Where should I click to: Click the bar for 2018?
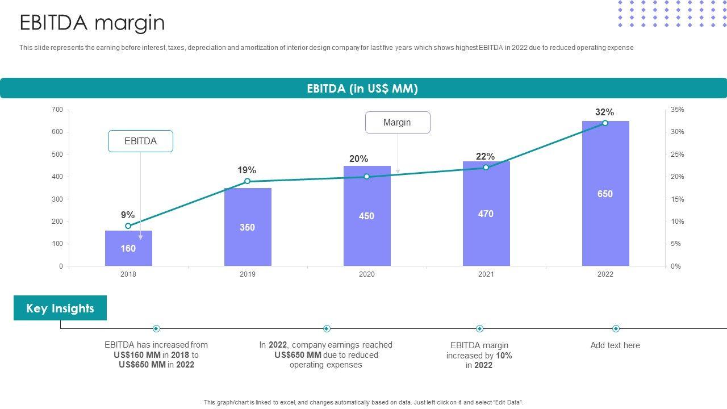click(128, 248)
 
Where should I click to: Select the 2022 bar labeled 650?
click(605, 194)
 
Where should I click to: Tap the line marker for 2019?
click(247, 181)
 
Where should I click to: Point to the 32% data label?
click(604, 112)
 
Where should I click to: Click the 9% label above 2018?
click(128, 215)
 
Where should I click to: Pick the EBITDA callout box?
click(140, 141)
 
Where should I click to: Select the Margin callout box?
click(397, 123)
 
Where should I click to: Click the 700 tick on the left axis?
click(57, 110)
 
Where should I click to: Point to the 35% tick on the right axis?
click(677, 110)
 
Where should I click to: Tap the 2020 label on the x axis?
click(366, 274)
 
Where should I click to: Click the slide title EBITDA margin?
click(92, 23)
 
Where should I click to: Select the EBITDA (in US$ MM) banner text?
click(362, 89)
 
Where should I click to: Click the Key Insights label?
click(60, 308)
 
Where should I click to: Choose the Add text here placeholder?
click(615, 345)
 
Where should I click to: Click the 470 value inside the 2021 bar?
click(486, 214)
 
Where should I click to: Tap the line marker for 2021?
click(486, 168)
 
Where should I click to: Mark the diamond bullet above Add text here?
click(616, 329)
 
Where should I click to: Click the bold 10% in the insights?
click(503, 356)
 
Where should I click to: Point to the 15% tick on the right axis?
click(677, 199)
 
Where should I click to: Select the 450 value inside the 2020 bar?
click(366, 216)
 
